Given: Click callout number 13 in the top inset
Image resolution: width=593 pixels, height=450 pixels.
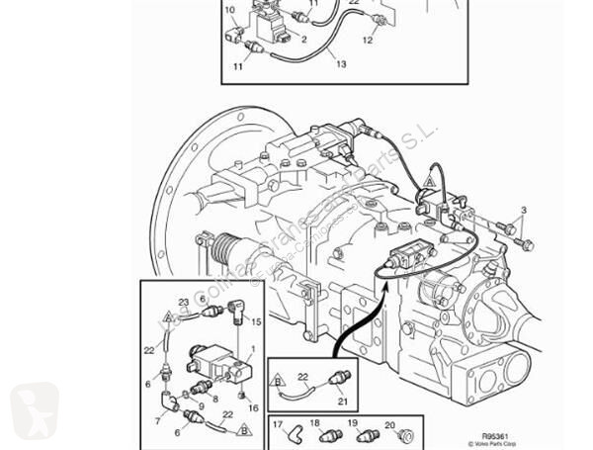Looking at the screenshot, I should coord(340,64).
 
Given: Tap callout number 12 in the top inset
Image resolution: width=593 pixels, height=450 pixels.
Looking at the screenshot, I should coord(368,41).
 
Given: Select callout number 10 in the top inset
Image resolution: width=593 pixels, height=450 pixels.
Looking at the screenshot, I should coord(230,10).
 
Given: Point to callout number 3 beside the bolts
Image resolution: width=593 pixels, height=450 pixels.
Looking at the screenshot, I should coord(523,210).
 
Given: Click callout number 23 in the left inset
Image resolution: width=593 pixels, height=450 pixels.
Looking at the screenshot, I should coord(183,301).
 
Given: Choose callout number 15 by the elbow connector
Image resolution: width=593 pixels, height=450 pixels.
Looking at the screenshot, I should coord(255,322).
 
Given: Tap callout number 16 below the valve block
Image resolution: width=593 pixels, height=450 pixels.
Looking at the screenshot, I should coord(253,406).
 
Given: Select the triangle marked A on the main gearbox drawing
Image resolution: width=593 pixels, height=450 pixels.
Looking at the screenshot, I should coord(431,179).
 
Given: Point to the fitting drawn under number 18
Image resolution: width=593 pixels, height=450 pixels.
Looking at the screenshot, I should coord(315,435).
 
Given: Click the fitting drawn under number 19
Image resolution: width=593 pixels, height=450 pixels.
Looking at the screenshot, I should coord(351,435).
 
